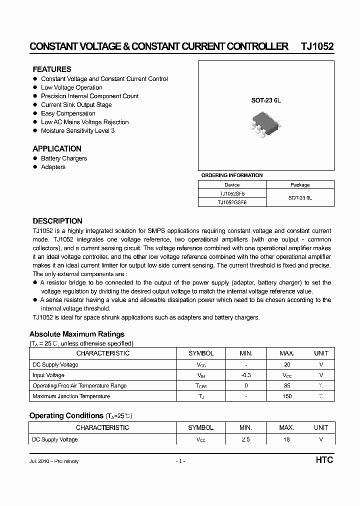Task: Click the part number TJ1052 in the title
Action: tap(316, 46)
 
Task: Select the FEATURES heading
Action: tap(52, 69)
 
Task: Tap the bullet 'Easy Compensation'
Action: tap(68, 113)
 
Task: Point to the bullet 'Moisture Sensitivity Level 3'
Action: tap(77, 130)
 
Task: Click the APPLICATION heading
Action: tap(57, 148)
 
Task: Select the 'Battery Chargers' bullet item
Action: tap(64, 158)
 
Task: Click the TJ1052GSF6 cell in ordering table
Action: tap(232, 202)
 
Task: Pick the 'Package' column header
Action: tap(300, 184)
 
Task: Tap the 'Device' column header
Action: tap(232, 184)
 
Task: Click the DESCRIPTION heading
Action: tap(57, 221)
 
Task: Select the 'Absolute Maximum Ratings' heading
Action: tap(77, 334)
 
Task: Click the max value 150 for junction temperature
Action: tap(286, 396)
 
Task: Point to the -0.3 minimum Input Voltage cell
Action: tap(245, 375)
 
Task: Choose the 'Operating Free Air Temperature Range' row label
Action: tap(79, 385)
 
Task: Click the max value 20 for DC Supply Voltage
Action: tap(286, 364)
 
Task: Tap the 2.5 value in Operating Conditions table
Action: tap(245, 439)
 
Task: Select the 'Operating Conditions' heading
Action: tap(66, 415)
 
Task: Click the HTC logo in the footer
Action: tap(324, 460)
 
